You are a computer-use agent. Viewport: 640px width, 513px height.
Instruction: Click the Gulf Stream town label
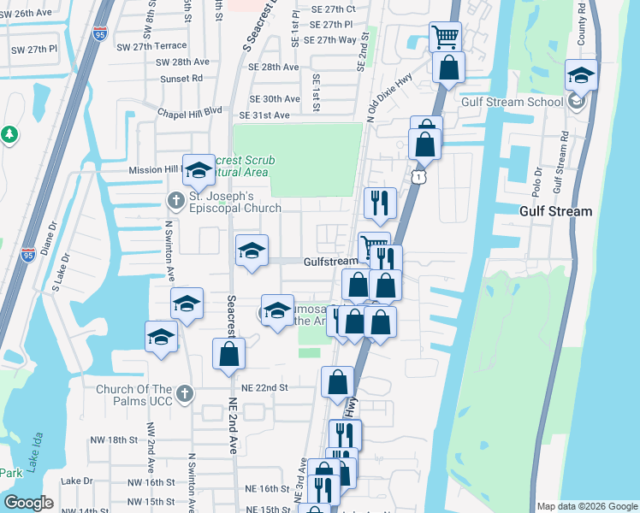556,211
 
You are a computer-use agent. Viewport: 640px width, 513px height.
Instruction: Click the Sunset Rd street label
185,78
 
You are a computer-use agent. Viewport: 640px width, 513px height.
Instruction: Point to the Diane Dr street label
51,239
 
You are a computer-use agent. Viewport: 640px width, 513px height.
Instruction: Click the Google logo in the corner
29,503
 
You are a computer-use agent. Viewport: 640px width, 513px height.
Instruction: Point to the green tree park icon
9,134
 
